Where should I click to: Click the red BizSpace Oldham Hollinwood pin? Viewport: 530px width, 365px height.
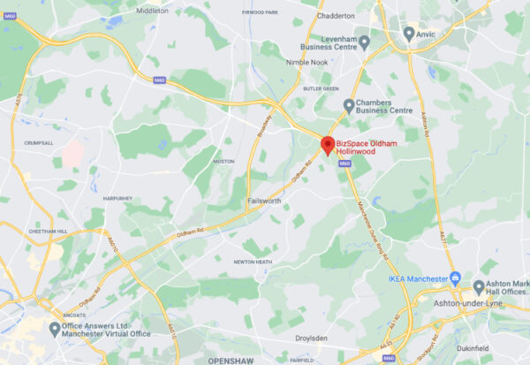coord(326,145)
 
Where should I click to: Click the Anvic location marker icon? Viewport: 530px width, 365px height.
coord(408,33)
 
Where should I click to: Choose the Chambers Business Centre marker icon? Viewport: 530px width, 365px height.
coord(348,106)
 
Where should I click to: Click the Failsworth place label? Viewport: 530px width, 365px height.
coord(266,201)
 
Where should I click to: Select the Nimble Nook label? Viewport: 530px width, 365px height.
coord(307,63)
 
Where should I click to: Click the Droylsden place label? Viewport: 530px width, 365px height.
coord(316,338)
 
